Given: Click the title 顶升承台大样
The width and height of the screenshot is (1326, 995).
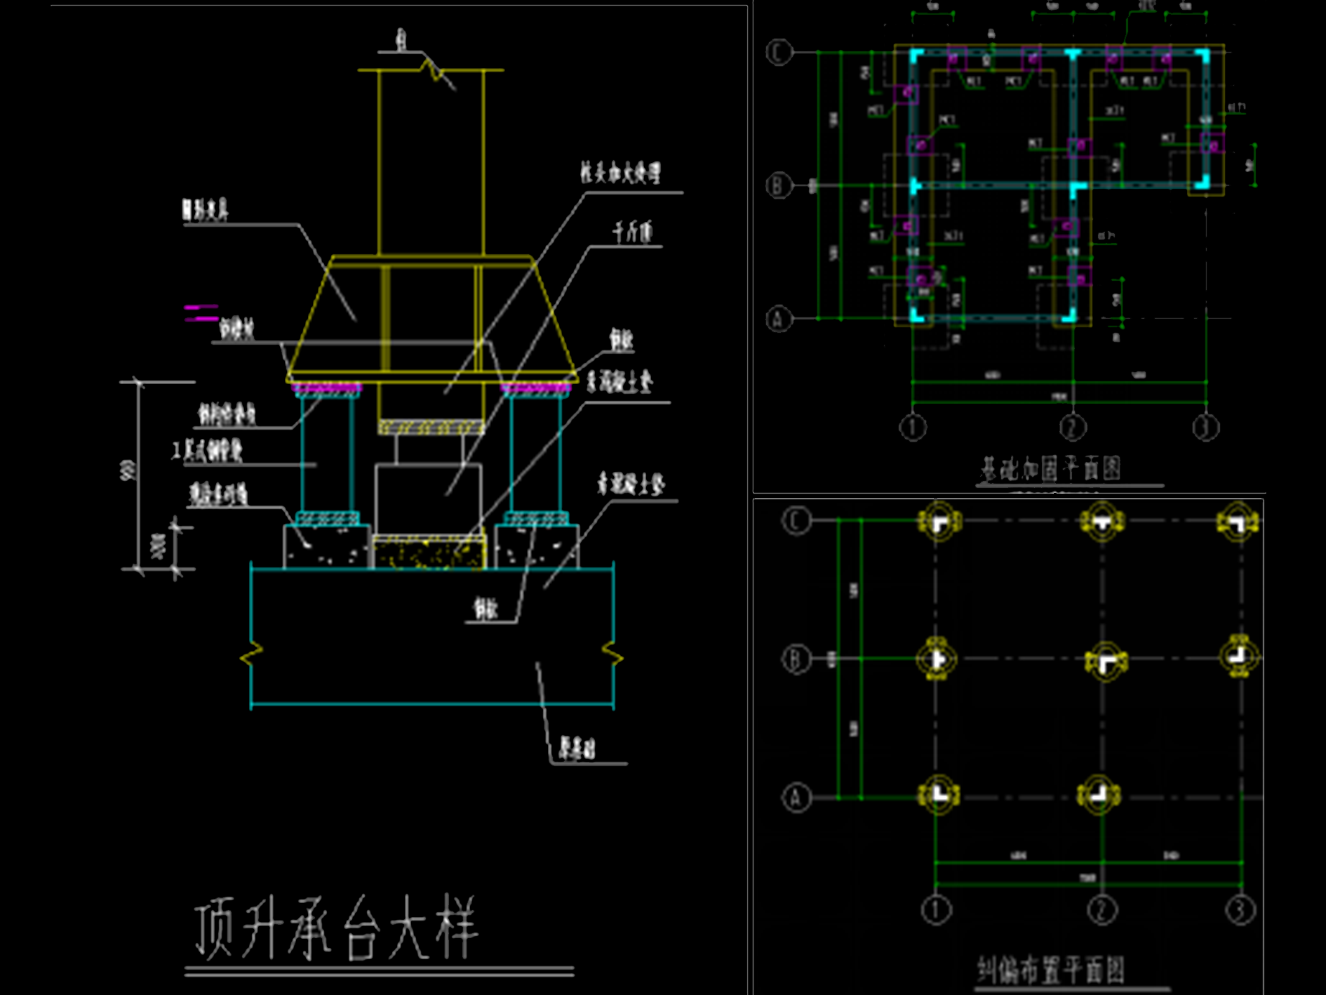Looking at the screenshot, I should tap(335, 927).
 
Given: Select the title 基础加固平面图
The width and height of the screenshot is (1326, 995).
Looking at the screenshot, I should tap(1050, 469).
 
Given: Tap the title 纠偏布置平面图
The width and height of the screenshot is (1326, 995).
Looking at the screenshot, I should tap(1050, 970).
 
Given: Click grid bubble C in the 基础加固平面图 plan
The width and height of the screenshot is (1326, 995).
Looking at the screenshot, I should tap(779, 52).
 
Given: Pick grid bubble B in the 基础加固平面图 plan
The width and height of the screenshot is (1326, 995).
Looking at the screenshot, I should tap(778, 186).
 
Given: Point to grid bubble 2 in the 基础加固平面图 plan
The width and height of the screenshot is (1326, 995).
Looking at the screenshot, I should tap(1072, 427).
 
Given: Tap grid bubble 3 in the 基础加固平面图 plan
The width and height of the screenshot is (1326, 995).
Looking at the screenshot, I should tap(1206, 427).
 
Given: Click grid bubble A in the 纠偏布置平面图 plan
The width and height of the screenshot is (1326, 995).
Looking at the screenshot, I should tap(796, 798).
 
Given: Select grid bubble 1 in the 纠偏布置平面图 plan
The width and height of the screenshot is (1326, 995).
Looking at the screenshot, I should tap(936, 910).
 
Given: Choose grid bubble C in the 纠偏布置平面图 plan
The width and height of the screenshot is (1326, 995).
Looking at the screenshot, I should tap(796, 521).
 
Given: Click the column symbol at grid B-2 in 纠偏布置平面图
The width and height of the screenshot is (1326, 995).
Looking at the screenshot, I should tap(1105, 660).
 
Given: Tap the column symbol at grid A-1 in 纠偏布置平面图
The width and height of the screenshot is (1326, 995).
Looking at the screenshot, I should tap(937, 795).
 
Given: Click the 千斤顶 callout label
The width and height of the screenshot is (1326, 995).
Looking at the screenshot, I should tap(632, 232).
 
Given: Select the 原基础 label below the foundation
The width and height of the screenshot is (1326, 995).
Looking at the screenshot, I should tap(577, 749).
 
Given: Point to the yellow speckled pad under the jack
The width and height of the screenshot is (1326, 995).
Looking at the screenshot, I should tap(429, 552).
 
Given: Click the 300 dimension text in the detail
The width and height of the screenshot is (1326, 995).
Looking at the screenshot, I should tap(159, 546).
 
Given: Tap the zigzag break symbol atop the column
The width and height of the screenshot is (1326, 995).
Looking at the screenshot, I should tap(436, 70).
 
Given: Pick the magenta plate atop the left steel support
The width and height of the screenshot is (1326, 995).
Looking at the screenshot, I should tap(327, 388).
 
